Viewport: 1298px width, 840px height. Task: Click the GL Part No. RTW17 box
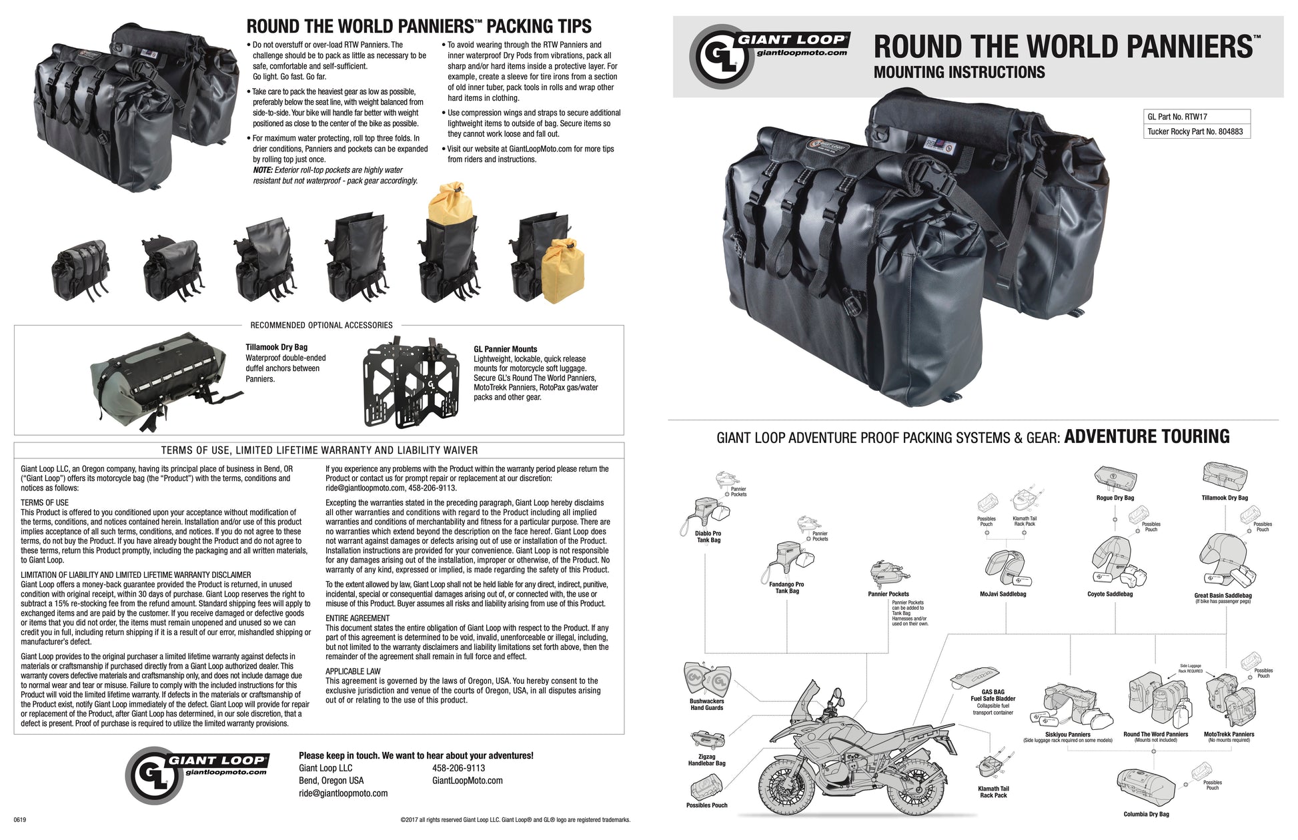1196,117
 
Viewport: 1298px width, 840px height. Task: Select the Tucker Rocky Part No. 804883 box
1196,131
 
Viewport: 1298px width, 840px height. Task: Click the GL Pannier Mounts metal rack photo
411,383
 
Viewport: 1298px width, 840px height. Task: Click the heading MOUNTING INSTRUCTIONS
959,72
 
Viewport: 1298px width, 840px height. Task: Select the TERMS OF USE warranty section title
319,450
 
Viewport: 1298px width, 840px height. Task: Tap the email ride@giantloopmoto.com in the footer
343,793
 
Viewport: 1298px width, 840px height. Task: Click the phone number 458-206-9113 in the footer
458,768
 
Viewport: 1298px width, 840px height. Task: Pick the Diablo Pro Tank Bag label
708,536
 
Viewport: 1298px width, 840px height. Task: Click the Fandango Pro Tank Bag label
786,587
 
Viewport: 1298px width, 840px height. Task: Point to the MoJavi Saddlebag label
1003,594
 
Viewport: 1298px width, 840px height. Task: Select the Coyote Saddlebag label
1110,594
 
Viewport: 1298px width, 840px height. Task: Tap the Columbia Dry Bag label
1146,814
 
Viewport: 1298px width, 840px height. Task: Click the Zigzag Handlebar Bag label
706,760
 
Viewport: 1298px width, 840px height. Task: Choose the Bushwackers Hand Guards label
706,705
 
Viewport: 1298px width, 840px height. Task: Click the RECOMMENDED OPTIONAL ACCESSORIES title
321,325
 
